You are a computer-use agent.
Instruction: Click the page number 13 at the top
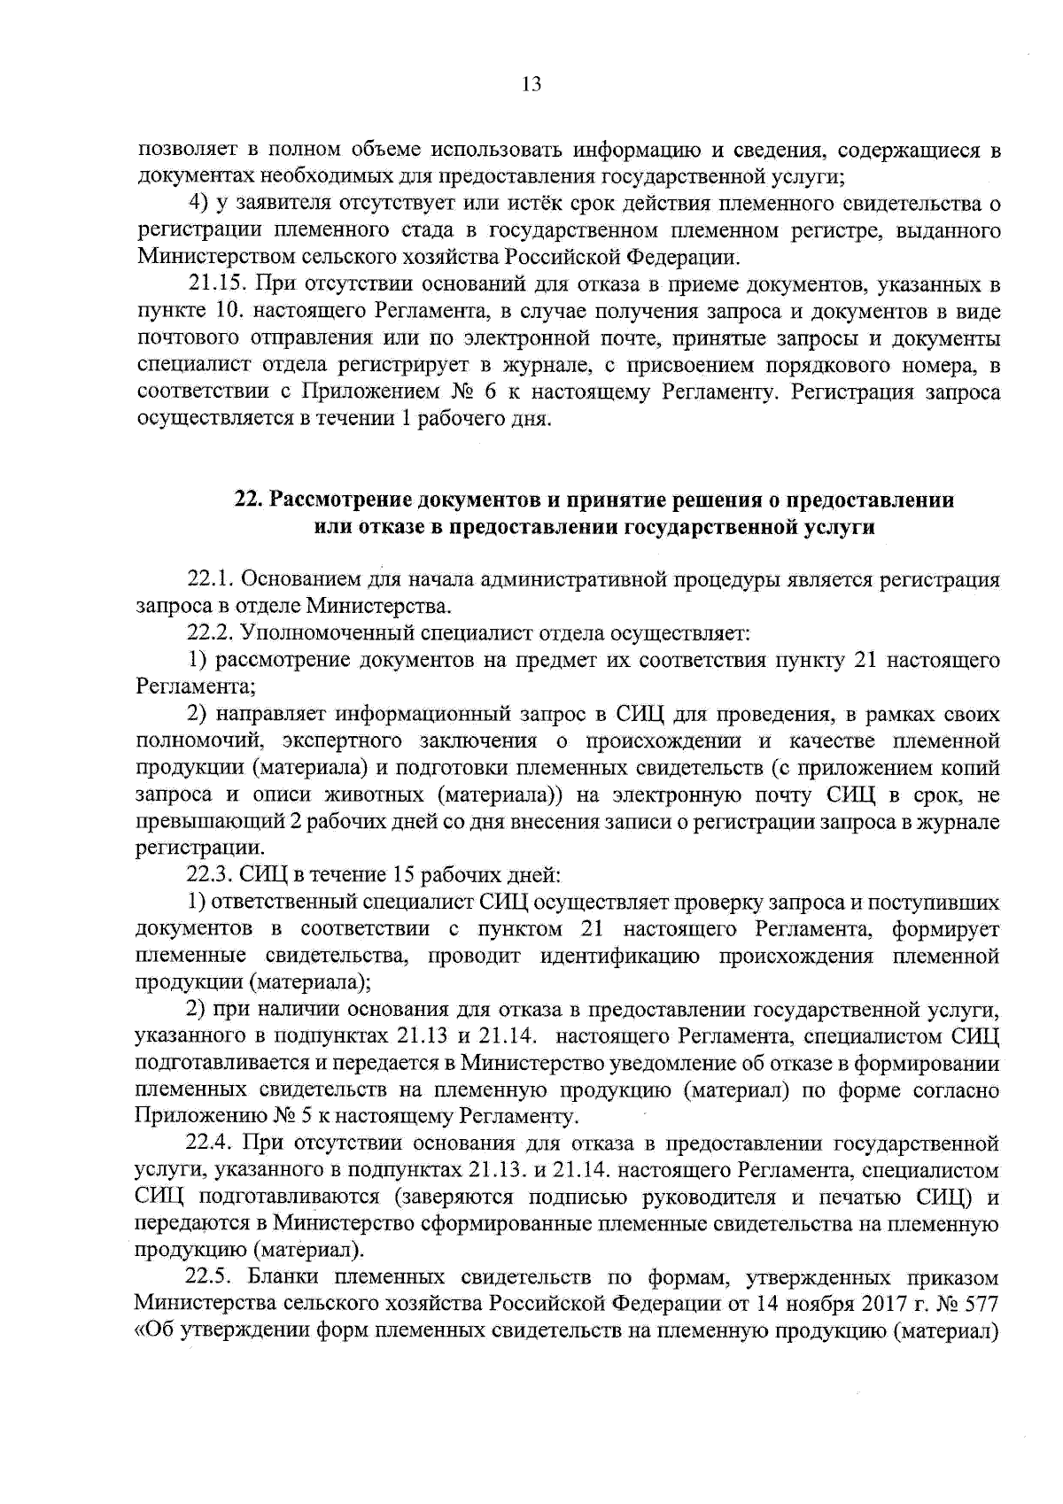click(531, 85)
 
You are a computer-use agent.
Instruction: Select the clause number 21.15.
click(216, 285)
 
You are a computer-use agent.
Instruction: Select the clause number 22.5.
click(211, 1278)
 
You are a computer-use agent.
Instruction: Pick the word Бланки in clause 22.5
click(280, 1278)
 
